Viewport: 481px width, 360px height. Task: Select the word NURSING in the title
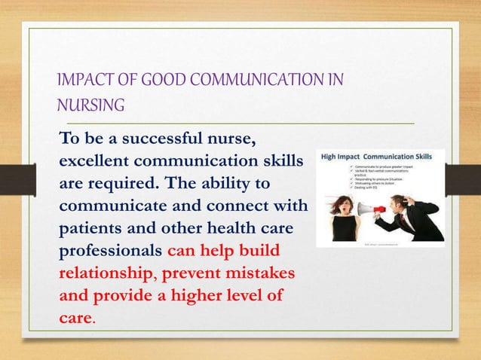tap(91, 106)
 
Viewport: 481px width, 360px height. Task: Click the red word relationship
tap(109, 270)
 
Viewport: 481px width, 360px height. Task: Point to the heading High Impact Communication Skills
tap(379, 157)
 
